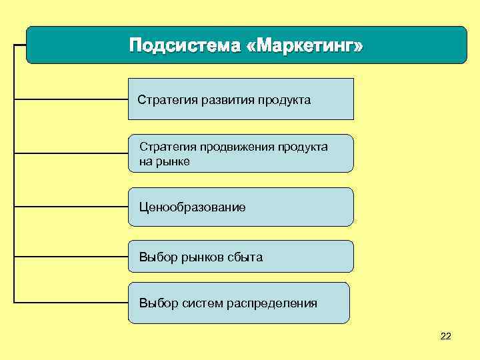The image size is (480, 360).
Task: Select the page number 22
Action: pyautogui.click(x=446, y=335)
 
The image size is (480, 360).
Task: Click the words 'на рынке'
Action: pyautogui.click(x=164, y=161)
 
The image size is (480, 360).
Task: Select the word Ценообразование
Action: pyautogui.click(x=192, y=207)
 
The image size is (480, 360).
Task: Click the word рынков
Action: pyautogui.click(x=202, y=257)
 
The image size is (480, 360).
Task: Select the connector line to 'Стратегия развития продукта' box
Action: pyautogui.click(x=71, y=99)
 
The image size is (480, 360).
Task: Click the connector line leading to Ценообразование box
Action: pyautogui.click(x=71, y=207)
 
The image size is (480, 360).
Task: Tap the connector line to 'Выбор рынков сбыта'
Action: pyautogui.click(x=71, y=256)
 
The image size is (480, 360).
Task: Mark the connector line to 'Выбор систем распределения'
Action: pyautogui.click(x=71, y=302)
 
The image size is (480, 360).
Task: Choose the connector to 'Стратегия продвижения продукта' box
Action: pyautogui.click(x=71, y=153)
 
